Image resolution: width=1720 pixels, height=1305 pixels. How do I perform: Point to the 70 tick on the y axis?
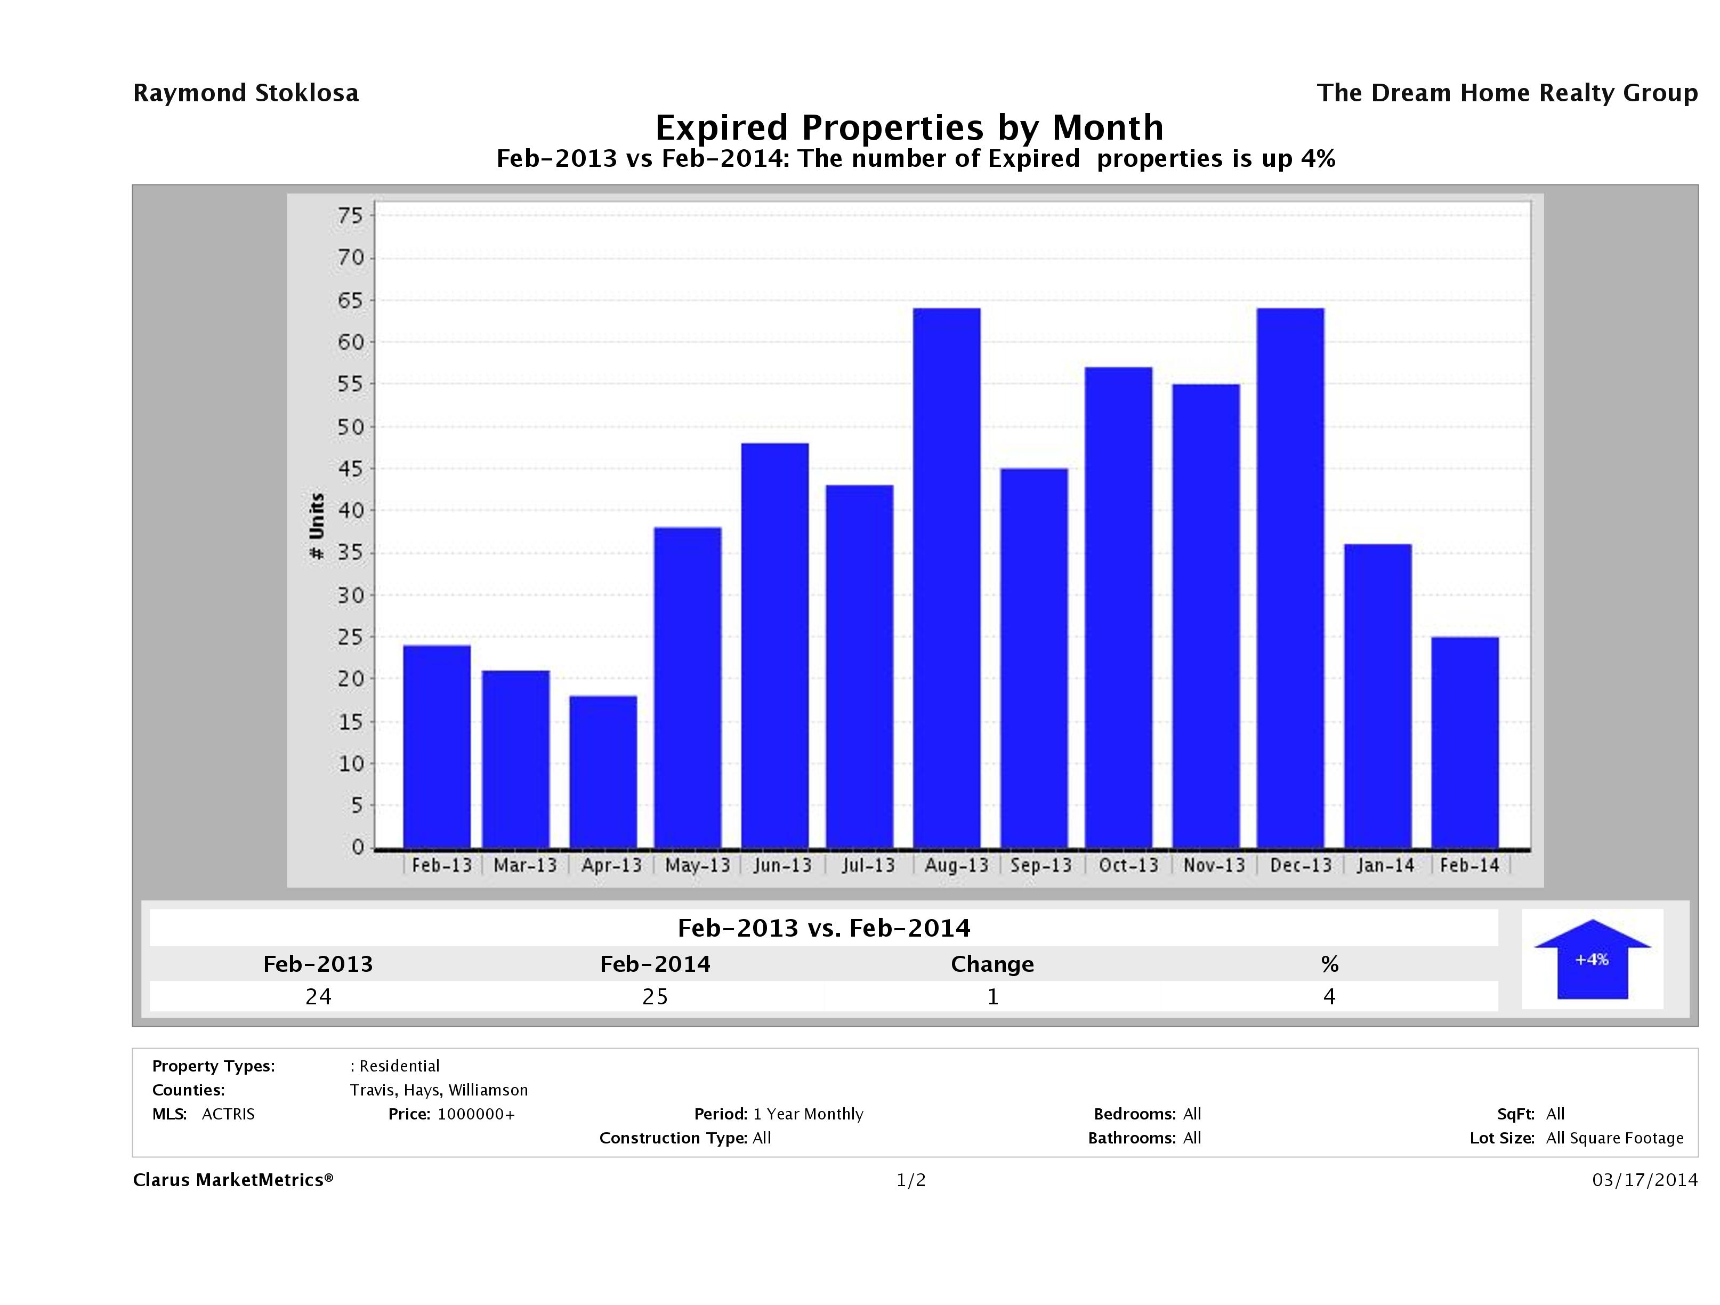[x=351, y=258]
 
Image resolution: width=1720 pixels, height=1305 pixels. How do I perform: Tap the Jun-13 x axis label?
[x=782, y=866]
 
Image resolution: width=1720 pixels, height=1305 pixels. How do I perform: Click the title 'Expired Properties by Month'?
[x=909, y=127]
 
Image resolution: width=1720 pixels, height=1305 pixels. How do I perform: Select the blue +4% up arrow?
[x=1592, y=959]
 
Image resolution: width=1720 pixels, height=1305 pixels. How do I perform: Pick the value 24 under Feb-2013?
[x=318, y=996]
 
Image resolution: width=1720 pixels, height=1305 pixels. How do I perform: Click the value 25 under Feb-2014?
[x=655, y=996]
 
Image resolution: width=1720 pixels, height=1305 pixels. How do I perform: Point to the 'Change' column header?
[x=992, y=964]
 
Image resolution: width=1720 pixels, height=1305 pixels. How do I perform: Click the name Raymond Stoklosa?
[x=246, y=93]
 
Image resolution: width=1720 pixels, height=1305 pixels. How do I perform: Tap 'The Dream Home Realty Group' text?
[x=1507, y=93]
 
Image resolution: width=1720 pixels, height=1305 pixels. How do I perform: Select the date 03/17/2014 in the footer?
[x=1644, y=1181]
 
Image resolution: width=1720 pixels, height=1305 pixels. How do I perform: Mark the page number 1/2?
[x=910, y=1181]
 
